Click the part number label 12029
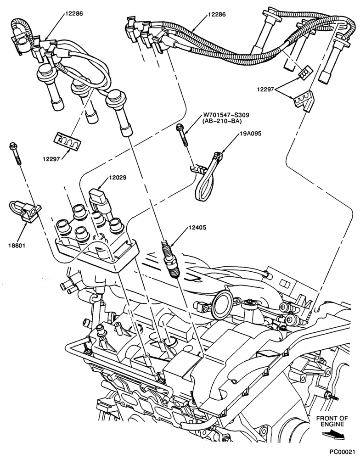[x=118, y=178]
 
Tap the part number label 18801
[x=17, y=245]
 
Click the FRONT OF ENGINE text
[x=332, y=421]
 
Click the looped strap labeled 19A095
[x=207, y=177]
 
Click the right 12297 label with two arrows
[x=266, y=90]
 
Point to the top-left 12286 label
[x=74, y=13]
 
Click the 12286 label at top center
[x=217, y=14]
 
